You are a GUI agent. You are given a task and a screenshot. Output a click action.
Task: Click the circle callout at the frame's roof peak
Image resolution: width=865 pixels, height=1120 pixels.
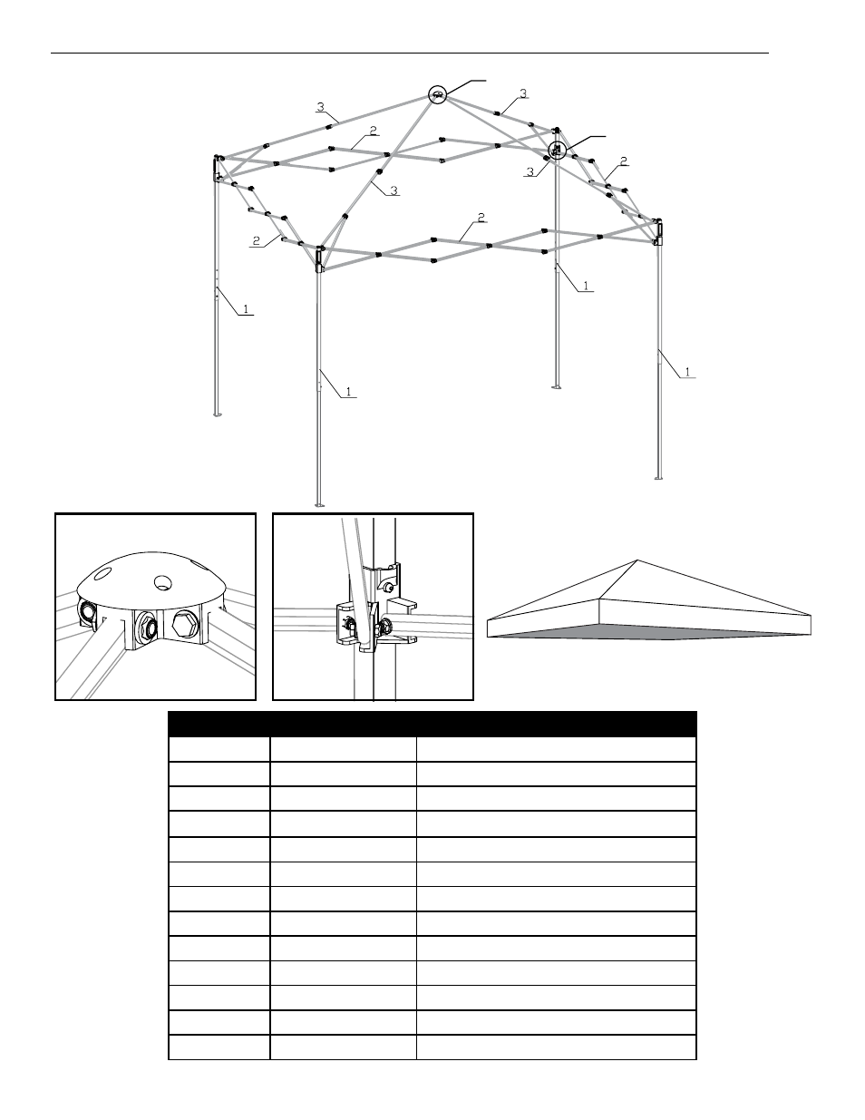(x=438, y=93)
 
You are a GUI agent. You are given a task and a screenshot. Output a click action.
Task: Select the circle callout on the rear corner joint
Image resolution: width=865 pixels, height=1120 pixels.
(x=557, y=150)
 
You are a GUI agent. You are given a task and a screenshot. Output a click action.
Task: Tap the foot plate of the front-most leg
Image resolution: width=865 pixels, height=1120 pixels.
(x=319, y=505)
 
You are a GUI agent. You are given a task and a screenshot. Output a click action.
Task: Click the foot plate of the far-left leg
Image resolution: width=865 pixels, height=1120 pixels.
(x=217, y=416)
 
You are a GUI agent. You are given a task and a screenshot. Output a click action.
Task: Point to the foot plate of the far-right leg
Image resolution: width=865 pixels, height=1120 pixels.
(x=659, y=477)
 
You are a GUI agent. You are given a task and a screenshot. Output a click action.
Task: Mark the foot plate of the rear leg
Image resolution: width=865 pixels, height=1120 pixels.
(x=556, y=387)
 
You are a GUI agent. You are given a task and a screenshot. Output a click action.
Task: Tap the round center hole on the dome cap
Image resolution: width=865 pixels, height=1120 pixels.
(x=164, y=580)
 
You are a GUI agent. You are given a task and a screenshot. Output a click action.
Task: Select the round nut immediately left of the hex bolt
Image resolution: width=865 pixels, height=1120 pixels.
(x=146, y=625)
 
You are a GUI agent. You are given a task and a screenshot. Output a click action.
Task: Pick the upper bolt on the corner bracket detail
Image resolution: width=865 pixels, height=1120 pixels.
(x=387, y=588)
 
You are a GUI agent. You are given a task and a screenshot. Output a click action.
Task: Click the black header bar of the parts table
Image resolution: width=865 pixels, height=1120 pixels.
(x=432, y=724)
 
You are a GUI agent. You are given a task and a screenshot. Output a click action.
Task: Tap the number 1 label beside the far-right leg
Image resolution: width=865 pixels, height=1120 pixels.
(x=688, y=372)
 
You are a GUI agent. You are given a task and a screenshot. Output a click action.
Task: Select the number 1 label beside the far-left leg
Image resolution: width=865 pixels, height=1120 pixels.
(x=245, y=309)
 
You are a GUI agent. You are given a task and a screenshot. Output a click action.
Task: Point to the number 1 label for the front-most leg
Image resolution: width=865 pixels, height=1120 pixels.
(x=350, y=394)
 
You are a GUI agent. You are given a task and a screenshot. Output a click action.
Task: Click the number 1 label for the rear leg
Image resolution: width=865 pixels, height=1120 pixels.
(x=587, y=286)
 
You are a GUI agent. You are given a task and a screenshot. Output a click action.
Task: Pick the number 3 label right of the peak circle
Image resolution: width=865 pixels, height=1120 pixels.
(x=523, y=93)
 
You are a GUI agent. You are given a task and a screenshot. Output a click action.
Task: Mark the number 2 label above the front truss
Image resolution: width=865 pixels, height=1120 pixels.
(x=481, y=218)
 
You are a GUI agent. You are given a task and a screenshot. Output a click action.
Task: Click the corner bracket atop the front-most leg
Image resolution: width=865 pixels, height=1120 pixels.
(x=319, y=260)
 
